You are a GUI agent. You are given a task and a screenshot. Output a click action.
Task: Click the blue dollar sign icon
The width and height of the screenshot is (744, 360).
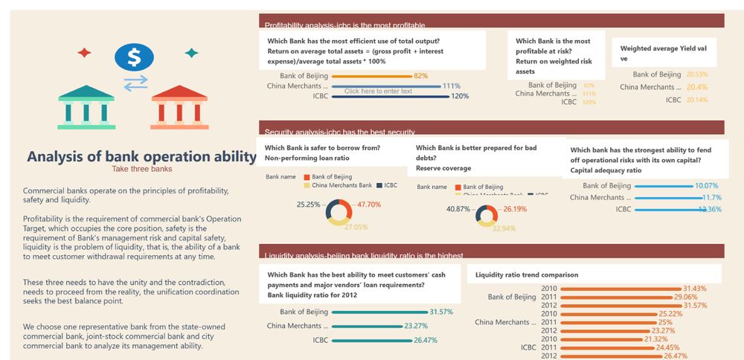134,57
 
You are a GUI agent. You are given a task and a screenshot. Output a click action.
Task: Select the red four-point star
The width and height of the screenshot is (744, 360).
84,53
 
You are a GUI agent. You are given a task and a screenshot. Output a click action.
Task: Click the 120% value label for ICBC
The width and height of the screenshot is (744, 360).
460,96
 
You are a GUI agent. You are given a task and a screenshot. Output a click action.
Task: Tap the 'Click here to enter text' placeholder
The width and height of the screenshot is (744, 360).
378,91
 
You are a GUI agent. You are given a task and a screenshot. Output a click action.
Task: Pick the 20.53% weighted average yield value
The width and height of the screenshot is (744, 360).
697,74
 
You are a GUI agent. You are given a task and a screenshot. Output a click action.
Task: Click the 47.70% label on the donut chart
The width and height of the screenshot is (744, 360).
369,205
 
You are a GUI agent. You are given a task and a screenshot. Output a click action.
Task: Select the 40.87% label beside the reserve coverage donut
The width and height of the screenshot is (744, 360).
458,209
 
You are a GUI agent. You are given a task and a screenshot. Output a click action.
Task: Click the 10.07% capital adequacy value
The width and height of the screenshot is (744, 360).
706,186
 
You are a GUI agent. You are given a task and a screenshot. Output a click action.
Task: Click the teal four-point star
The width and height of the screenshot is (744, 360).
191,53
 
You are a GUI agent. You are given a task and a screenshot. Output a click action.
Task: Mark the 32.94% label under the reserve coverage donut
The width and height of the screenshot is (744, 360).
504,228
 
